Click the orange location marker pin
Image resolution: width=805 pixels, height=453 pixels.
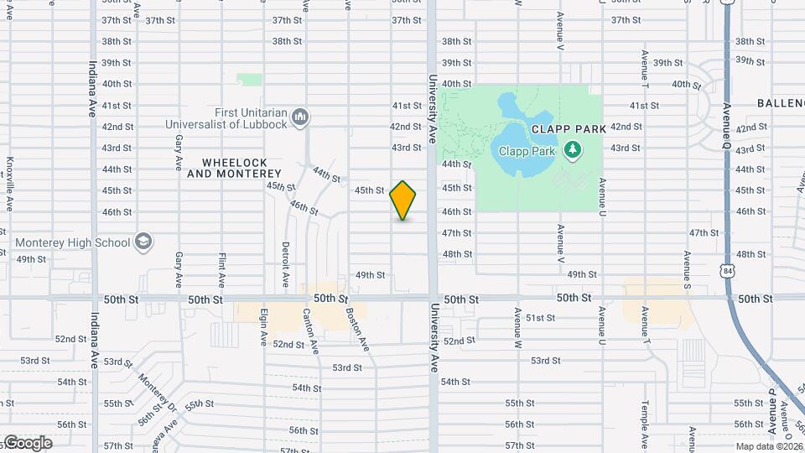pos(402,200)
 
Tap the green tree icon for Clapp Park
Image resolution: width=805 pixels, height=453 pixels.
pos(574,150)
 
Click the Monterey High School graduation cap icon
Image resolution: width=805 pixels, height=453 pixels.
pos(143,242)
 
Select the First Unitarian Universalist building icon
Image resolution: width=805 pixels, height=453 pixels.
pos(302,115)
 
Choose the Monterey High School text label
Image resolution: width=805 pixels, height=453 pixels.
pos(73,242)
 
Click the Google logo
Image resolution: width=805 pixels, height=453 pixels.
pos(28,443)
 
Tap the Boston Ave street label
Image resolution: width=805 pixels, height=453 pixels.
pos(358,327)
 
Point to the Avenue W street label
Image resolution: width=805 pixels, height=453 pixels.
pos(518,329)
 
